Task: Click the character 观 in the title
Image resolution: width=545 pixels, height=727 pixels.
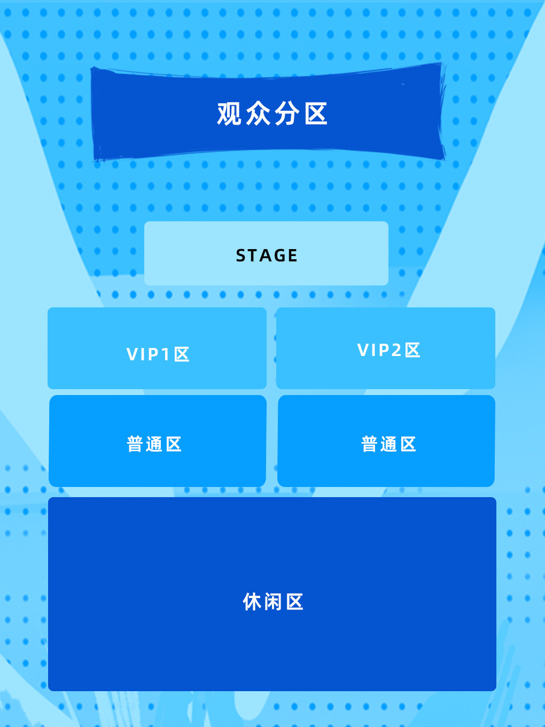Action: [x=229, y=114]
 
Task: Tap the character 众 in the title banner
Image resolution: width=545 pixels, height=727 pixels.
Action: [x=258, y=114]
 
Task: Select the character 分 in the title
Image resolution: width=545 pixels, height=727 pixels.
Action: [x=287, y=114]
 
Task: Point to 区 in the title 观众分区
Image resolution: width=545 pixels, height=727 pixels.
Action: [x=316, y=114]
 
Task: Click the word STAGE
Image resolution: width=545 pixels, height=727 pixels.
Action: [x=267, y=256]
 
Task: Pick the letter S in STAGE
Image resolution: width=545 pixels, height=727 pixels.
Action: [x=241, y=256]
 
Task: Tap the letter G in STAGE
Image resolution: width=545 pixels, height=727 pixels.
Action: [x=278, y=256]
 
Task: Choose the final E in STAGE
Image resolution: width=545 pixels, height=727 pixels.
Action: [x=292, y=256]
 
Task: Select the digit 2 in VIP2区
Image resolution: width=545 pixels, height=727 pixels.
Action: [x=396, y=350]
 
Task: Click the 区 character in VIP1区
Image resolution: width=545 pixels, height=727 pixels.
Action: [x=182, y=354]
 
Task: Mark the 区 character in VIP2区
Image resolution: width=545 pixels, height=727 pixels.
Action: [x=412, y=350]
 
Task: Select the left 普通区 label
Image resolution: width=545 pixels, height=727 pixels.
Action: [x=154, y=444]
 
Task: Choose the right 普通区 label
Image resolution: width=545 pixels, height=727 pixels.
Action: [x=388, y=444]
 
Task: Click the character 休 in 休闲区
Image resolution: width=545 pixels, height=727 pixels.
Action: [x=252, y=602]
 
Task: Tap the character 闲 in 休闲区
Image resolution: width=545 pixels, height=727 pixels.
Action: [x=272, y=602]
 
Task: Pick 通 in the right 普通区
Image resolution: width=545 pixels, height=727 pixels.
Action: [x=388, y=444]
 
